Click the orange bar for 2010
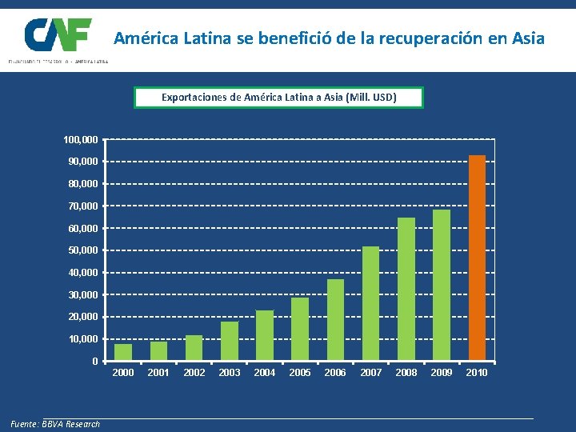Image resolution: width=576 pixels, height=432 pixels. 477,258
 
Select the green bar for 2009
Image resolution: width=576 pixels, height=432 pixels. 442,285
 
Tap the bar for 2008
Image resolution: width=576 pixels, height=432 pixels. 406,289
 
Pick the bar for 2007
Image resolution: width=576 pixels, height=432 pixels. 370,303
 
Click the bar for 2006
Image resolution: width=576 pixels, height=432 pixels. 335,320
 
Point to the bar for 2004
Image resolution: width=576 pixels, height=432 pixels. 265,335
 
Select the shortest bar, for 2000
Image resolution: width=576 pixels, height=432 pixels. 123,352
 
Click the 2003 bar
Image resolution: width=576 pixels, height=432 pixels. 230,341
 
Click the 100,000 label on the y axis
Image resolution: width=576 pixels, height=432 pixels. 81,140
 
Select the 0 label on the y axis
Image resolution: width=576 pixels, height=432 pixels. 95,361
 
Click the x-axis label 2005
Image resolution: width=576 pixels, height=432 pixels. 300,373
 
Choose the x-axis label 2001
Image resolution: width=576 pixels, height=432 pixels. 158,373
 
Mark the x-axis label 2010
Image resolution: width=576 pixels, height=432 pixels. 477,373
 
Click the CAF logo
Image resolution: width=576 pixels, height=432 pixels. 58,36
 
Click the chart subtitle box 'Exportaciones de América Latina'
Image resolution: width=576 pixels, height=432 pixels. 279,98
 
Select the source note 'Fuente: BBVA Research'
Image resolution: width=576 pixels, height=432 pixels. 55,424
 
